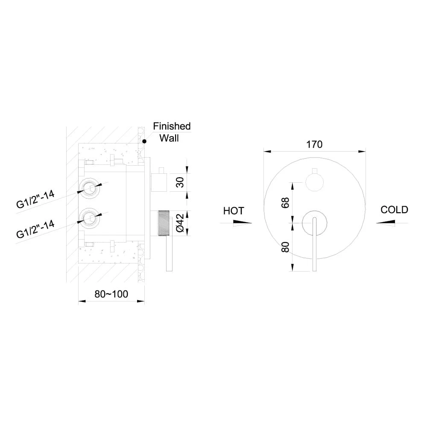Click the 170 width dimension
pos(314,144)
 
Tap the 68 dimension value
pos(285,203)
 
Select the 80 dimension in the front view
pos(285,247)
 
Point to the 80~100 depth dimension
pos(111,294)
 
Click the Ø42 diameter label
pos(180,223)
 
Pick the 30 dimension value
pos(180,182)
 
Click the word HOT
pos(234,211)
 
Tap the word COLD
pos(394,210)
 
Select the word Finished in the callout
pos(172,126)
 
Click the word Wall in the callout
pos(169,138)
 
